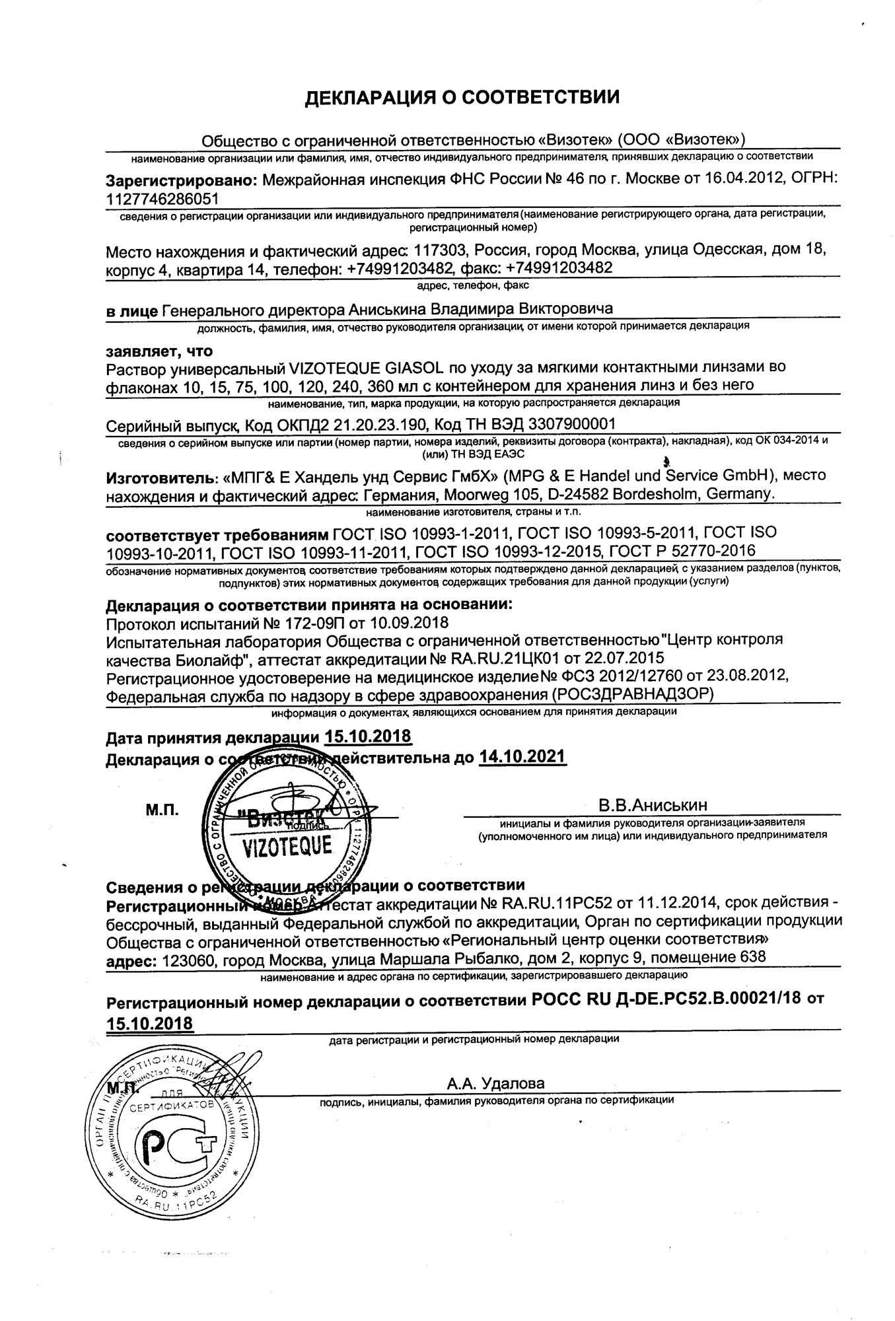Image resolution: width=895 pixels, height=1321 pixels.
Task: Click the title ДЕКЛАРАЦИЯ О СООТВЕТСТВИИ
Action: [462, 98]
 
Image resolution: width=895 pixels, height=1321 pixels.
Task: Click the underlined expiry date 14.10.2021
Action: [522, 757]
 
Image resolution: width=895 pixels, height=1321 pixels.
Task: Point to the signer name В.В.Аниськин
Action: [653, 805]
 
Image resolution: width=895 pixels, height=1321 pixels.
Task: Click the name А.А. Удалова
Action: [495, 1084]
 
